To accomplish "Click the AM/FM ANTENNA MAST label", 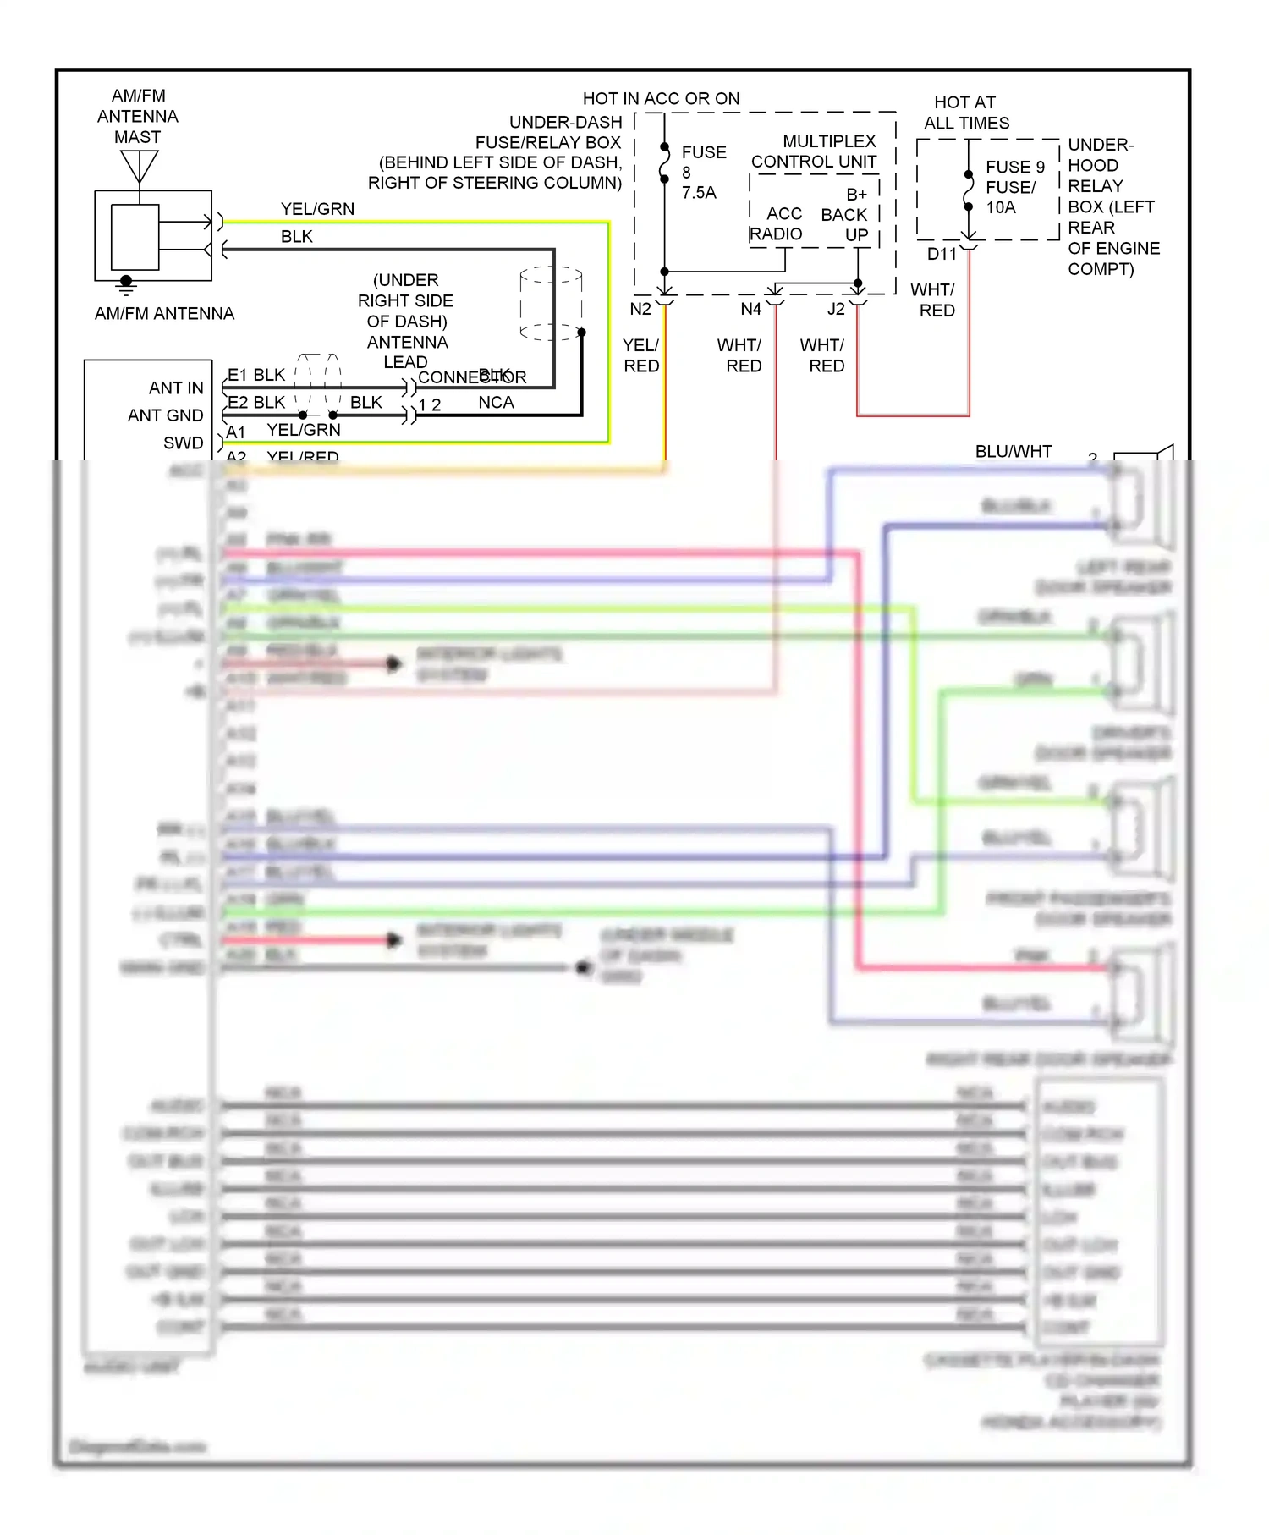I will click(x=138, y=116).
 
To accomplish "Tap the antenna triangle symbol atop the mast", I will click(x=139, y=165).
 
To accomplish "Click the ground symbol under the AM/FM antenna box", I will click(x=126, y=285).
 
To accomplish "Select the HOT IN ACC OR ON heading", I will click(x=661, y=99).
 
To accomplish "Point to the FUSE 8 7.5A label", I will click(x=703, y=173).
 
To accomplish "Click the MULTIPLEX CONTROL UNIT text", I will click(x=814, y=151).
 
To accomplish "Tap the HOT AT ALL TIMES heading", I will click(x=966, y=113).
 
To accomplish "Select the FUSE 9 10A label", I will click(x=1014, y=187).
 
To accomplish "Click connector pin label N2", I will click(x=640, y=310).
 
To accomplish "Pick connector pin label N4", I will click(x=750, y=310).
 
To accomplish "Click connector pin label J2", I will click(x=836, y=310).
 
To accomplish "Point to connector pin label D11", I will click(x=942, y=254).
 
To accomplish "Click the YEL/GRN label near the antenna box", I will click(x=317, y=209).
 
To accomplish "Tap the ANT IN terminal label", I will click(x=176, y=388).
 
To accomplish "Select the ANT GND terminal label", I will click(x=166, y=415).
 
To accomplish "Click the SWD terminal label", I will click(x=183, y=443).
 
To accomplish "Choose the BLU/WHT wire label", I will click(x=1013, y=452).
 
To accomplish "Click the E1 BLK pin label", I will click(x=256, y=375).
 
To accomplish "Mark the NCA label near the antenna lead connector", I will click(x=496, y=403).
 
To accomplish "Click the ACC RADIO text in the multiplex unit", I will click(x=777, y=224).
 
